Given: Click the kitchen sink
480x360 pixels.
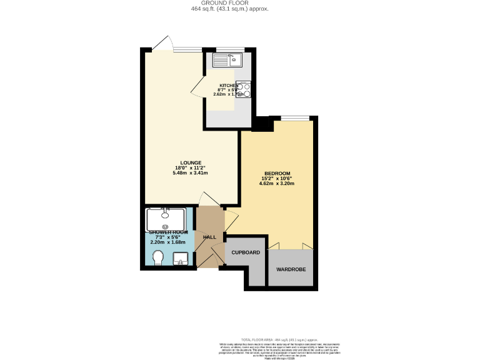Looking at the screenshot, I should click(228, 60).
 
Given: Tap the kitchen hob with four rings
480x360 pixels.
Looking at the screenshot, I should click(244, 91).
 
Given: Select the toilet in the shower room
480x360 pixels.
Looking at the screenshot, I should click(157, 257).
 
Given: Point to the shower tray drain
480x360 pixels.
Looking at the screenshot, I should click(165, 226).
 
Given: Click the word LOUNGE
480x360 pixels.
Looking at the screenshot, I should click(191, 162).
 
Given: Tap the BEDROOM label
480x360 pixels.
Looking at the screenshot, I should click(277, 173).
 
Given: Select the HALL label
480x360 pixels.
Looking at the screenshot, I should click(209, 237).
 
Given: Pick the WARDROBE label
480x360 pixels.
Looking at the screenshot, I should click(291, 269).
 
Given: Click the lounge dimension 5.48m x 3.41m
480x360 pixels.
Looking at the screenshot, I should click(191, 173).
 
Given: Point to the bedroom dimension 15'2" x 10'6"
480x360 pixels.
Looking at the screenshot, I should click(277, 178).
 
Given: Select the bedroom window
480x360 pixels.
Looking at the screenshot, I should click(294, 117).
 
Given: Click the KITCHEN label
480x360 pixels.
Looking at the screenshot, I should click(228, 85).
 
